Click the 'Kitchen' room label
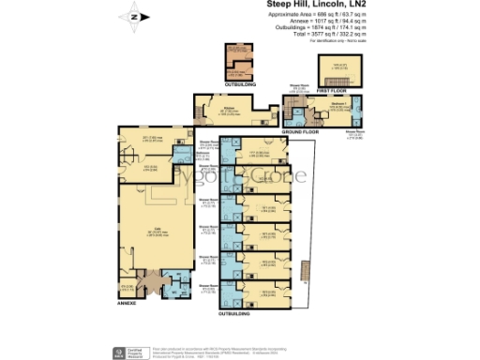(x=228, y=108)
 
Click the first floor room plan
(x=336, y=71)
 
